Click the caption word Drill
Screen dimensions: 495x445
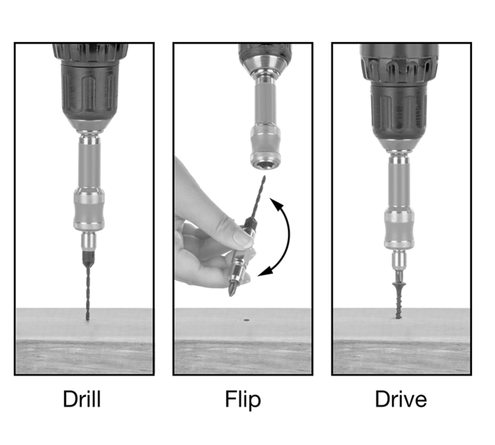[82, 399]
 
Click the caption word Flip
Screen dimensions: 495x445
[243, 400]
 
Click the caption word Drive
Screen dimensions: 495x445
[401, 399]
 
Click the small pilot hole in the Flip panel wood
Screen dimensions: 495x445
[246, 320]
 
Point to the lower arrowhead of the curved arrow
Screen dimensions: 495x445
[265, 271]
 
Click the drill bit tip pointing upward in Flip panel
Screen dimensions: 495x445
[264, 177]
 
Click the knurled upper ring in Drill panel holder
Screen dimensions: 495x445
[89, 195]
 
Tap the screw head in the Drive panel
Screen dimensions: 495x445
[399, 284]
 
